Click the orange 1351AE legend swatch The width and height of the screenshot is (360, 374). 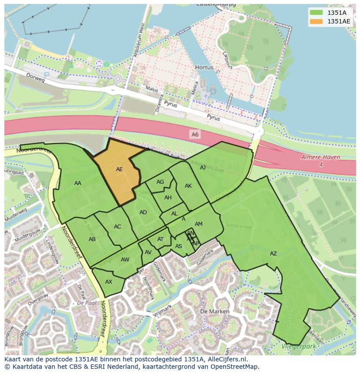click(x=316, y=21)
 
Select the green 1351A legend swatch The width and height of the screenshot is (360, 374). click(x=316, y=13)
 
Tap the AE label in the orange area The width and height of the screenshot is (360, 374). click(x=119, y=169)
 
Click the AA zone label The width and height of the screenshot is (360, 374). click(x=77, y=183)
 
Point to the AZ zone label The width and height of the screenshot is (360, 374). click(x=273, y=254)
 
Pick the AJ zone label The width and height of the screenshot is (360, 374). click(x=203, y=167)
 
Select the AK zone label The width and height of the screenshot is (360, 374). click(x=188, y=186)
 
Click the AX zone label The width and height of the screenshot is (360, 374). click(x=109, y=282)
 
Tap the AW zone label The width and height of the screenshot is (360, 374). click(x=125, y=260)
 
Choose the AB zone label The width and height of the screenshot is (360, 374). click(x=92, y=239)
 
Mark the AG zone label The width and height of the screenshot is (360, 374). click(x=160, y=182)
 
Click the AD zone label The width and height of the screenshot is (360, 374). click(x=143, y=212)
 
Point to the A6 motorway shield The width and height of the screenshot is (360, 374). click(x=195, y=135)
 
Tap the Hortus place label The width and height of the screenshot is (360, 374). click(x=204, y=68)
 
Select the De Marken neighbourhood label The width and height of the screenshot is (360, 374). click(x=212, y=312)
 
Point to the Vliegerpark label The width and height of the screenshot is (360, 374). click(x=299, y=346)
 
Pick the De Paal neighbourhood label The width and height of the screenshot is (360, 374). click(x=87, y=302)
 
